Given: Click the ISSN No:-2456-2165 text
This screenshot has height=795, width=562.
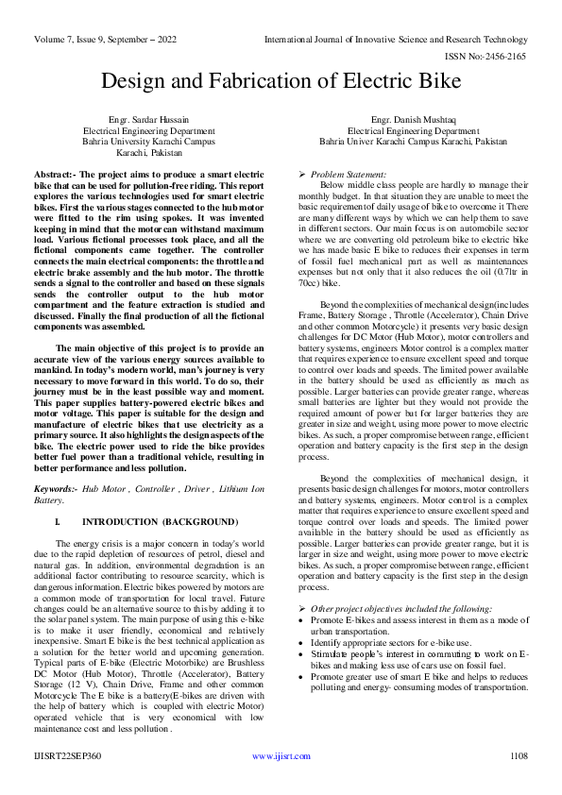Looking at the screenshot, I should tap(494, 57).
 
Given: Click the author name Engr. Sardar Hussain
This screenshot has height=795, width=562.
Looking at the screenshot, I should tap(142, 120).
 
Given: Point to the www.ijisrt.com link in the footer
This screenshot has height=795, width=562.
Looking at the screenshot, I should tap(281, 755).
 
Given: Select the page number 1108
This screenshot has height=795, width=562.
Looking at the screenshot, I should tap(518, 755).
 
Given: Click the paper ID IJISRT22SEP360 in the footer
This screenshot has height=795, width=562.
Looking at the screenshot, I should tap(69, 755).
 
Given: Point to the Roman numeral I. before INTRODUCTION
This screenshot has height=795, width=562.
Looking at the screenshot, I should tap(60, 520).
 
